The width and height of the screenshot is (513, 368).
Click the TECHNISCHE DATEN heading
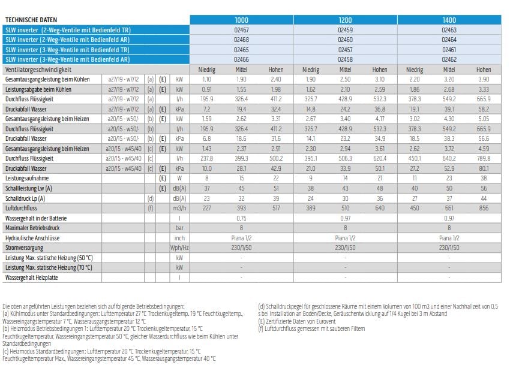[31, 20]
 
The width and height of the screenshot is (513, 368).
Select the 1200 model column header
[345, 20]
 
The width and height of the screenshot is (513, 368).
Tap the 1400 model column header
[449, 20]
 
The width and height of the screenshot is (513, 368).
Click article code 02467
[241, 30]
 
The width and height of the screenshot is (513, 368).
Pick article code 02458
[345, 59]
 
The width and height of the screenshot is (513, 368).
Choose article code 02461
[449, 50]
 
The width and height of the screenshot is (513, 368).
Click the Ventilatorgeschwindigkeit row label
[38, 70]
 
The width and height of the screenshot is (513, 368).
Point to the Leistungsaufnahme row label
[27, 178]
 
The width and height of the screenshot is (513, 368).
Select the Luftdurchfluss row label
[21, 208]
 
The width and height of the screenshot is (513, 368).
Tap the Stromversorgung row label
[24, 248]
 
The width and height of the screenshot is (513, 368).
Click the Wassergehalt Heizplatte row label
[31, 277]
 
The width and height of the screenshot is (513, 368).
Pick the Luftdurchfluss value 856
[484, 208]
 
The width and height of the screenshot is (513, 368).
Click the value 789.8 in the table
[484, 158]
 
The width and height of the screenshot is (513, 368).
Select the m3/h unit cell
[179, 208]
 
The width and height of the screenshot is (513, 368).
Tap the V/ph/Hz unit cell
[179, 248]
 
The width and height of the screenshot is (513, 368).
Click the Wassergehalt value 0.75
[241, 218]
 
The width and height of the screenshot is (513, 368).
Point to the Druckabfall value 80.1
[484, 168]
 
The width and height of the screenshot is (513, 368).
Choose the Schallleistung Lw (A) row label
[28, 188]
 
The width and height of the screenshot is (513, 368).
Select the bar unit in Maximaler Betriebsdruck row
[179, 228]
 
